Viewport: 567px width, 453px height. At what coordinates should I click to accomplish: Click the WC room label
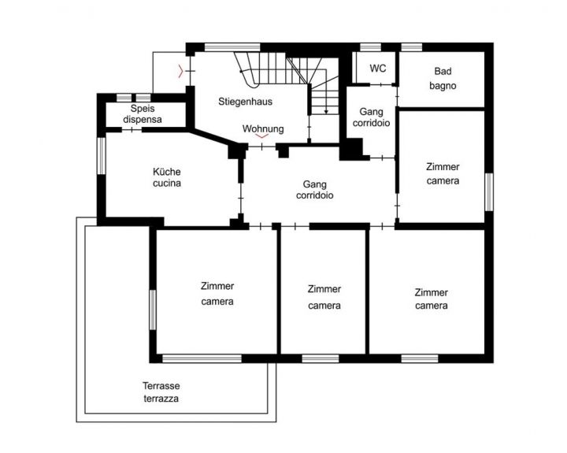(x=377, y=68)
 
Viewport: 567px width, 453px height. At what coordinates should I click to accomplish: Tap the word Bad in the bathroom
(x=443, y=71)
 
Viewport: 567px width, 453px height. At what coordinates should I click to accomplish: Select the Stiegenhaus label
(x=245, y=102)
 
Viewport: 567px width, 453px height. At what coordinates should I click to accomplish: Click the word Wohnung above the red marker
(x=263, y=128)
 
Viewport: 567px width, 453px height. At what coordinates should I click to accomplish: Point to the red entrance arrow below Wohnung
(x=262, y=136)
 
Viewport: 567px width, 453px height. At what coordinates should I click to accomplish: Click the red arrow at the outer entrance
(x=181, y=71)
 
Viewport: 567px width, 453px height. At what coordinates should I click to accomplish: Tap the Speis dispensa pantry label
(x=143, y=113)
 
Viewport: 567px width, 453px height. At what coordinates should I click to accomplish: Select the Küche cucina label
(x=167, y=177)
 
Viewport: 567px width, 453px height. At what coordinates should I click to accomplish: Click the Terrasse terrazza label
(x=161, y=392)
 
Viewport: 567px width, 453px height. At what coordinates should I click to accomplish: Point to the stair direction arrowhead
(x=326, y=111)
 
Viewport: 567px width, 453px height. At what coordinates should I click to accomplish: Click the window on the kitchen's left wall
(x=102, y=155)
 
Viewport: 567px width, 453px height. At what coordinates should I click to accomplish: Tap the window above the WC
(x=371, y=47)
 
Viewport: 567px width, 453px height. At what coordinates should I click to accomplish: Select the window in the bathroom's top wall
(x=412, y=47)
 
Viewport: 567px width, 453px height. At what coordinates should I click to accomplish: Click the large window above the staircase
(x=232, y=47)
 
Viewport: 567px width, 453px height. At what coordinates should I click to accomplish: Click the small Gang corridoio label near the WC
(x=372, y=117)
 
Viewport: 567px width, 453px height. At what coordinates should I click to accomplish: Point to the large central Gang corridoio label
(x=314, y=190)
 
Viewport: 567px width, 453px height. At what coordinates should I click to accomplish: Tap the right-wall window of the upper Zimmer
(x=489, y=191)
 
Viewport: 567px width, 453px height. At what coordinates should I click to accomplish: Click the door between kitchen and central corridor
(x=241, y=199)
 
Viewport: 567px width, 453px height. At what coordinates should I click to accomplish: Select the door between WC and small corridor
(x=381, y=84)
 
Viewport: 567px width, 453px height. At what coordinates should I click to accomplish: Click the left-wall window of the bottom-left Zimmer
(x=153, y=310)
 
